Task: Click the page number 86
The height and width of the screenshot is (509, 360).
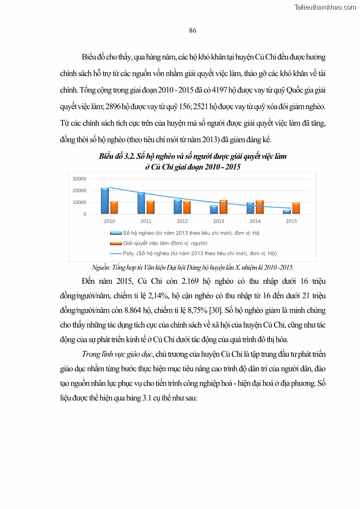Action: tap(192, 30)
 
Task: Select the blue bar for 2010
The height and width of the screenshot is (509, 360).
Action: tap(105, 201)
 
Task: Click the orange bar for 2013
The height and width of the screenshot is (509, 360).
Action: tap(223, 207)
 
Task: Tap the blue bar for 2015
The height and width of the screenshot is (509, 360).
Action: tap(287, 212)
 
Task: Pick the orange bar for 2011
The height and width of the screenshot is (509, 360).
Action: tap(150, 208)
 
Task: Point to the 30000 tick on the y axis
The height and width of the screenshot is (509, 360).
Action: tap(79, 179)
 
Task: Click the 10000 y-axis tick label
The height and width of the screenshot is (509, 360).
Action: tap(79, 202)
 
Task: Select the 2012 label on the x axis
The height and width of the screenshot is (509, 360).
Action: tap(182, 221)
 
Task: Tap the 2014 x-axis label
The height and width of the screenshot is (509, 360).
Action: tap(255, 221)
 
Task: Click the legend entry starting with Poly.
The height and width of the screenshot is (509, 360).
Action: tap(199, 253)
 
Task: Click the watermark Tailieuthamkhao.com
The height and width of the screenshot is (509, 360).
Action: tap(325, 7)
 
